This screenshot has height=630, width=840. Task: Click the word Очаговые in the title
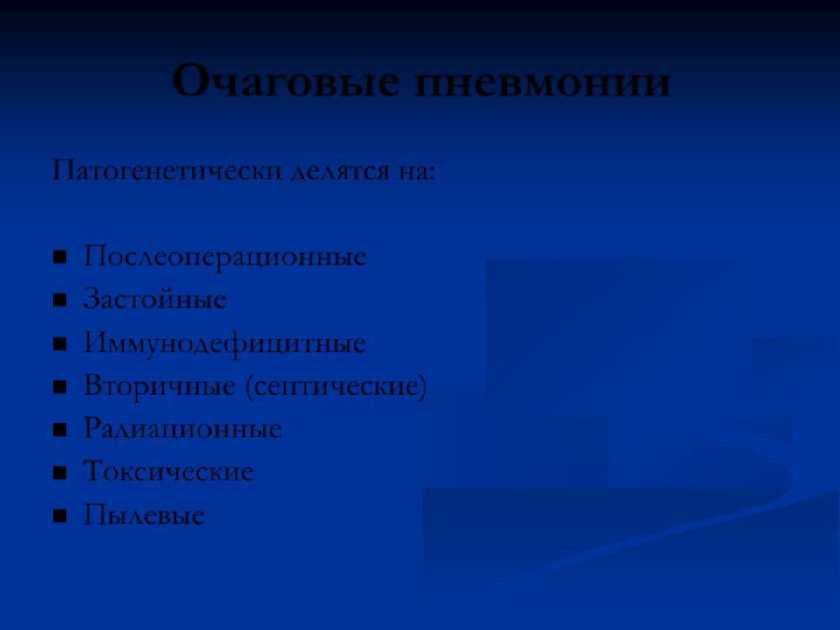tap(286, 81)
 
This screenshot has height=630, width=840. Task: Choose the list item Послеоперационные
tap(225, 256)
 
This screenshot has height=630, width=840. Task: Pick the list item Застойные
tap(155, 299)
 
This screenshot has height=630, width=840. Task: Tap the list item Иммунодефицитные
tap(225, 343)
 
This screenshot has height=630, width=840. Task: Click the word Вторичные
tap(159, 386)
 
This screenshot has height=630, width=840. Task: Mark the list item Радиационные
tap(183, 429)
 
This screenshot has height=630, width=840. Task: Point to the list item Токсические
tap(168, 472)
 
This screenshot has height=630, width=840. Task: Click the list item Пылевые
tap(144, 514)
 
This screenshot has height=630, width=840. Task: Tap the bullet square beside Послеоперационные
tap(60, 257)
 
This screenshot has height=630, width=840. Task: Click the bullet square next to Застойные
tap(60, 300)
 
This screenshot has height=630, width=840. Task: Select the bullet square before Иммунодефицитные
tap(60, 343)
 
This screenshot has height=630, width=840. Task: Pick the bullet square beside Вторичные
tap(60, 387)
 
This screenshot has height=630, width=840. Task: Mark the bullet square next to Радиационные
tap(60, 430)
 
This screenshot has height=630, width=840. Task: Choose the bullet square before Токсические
tap(60, 473)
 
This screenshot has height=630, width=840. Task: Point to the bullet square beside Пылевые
tap(60, 516)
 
